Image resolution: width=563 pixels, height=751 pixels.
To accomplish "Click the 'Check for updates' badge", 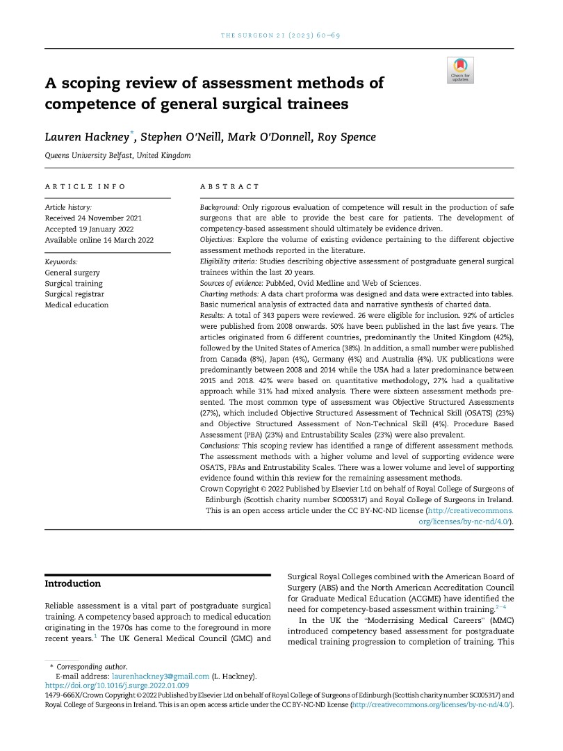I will tap(460, 70).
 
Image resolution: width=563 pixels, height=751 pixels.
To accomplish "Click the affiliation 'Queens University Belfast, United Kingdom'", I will tap(117, 155).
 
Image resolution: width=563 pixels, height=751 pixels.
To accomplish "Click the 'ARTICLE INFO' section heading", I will tap(85, 186).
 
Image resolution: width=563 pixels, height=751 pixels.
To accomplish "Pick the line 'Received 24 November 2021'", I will tap(94, 218).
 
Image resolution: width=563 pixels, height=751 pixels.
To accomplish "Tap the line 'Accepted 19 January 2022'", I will tap(91, 229).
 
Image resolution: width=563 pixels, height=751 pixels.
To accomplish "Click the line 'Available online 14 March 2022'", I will tap(99, 240).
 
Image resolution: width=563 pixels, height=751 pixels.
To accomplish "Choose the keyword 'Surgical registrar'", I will tap(74, 294).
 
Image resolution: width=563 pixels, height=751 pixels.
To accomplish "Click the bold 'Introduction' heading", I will tap(73, 583).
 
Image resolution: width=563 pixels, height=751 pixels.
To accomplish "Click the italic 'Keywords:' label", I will tap(62, 261).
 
